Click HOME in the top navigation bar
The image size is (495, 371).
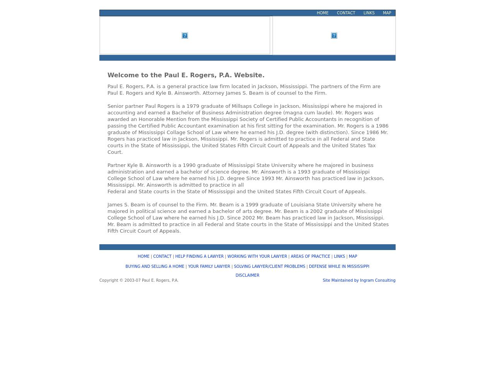(x=323, y=13)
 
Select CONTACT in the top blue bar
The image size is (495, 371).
(x=346, y=13)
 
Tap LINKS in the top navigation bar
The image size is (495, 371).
(x=369, y=13)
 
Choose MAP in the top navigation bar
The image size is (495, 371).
(x=387, y=13)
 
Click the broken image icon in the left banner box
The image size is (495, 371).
(x=185, y=36)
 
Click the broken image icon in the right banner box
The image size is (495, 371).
(x=334, y=36)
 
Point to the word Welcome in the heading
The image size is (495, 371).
(x=123, y=75)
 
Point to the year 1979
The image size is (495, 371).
(x=193, y=106)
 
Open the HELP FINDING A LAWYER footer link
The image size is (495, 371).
(x=199, y=256)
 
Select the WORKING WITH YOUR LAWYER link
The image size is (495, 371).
(x=257, y=256)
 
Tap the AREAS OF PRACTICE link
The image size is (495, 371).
(x=310, y=256)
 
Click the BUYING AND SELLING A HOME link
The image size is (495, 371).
(x=155, y=266)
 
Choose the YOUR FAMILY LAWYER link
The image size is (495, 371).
(x=209, y=266)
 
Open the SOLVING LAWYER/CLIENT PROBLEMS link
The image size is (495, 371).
(x=270, y=266)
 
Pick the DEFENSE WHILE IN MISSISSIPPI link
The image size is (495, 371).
(x=339, y=266)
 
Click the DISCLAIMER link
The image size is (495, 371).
(x=247, y=275)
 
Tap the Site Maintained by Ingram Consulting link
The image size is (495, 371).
(x=359, y=280)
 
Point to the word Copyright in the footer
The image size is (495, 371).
(x=108, y=280)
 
